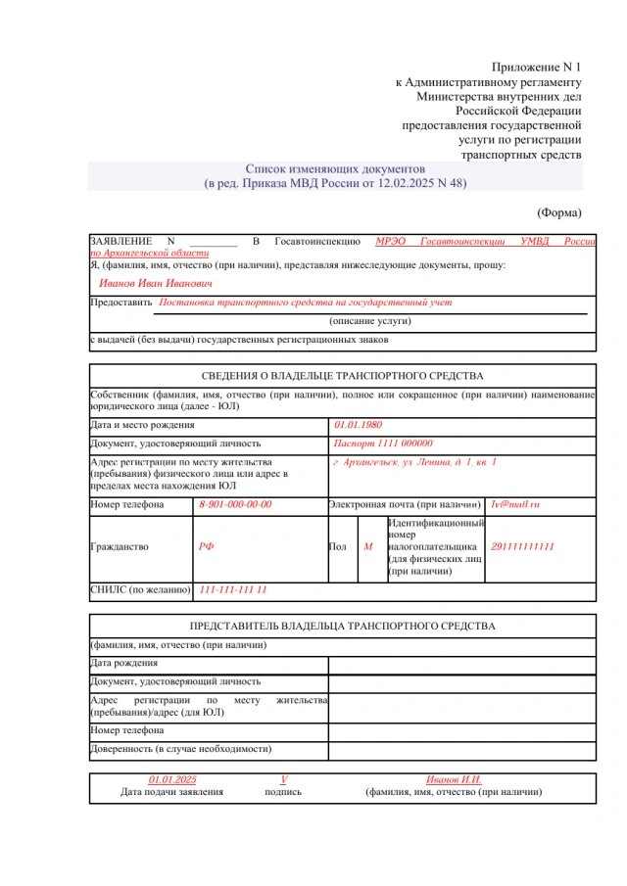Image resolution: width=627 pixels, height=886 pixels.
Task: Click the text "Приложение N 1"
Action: click(x=537, y=67)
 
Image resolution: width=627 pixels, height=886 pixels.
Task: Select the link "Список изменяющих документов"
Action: click(x=334, y=168)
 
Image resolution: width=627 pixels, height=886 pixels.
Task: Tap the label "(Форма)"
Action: click(x=559, y=212)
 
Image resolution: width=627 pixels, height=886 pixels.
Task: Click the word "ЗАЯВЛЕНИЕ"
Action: click(x=121, y=241)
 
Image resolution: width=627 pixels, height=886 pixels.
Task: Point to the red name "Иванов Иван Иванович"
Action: click(x=156, y=283)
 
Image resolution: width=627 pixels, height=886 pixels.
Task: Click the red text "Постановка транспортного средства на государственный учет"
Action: click(x=306, y=303)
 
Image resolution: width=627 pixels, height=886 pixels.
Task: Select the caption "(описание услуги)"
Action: click(x=369, y=321)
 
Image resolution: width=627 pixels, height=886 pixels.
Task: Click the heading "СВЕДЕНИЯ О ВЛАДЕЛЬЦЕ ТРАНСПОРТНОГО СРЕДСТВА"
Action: click(x=342, y=376)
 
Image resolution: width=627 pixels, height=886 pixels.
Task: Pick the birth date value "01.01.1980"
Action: click(x=358, y=426)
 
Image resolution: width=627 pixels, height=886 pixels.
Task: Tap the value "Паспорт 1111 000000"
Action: click(x=382, y=443)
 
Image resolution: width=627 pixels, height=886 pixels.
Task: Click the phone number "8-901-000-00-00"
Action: click(x=235, y=505)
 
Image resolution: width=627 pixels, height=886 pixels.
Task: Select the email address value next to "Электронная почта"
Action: click(x=515, y=505)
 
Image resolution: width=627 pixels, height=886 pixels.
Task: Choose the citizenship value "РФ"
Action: click(x=206, y=547)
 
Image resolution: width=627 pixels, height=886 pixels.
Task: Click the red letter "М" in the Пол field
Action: click(x=368, y=547)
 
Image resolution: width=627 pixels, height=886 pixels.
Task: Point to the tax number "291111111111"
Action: click(x=522, y=547)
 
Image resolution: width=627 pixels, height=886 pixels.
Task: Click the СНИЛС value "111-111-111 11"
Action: click(x=233, y=590)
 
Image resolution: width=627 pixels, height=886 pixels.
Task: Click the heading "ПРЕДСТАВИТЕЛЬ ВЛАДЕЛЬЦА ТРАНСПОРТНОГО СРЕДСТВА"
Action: click(x=342, y=627)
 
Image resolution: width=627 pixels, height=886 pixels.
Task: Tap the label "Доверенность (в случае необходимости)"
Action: click(x=180, y=749)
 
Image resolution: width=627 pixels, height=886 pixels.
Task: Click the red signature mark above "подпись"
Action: click(x=283, y=779)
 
